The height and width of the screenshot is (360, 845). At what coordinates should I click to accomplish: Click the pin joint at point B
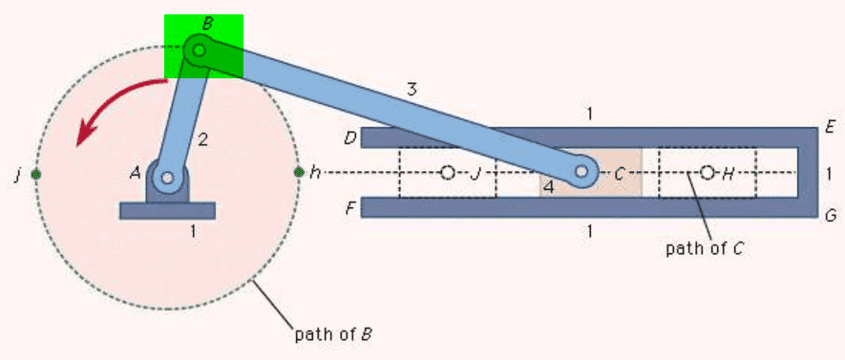coord(199,51)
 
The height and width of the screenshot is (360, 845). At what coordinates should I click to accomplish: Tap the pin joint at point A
coord(168,177)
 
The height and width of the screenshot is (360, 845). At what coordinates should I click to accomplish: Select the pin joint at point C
coord(581,171)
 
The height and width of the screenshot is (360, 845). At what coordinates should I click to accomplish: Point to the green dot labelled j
coord(35,174)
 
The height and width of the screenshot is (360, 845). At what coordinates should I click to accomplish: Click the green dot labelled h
coord(299,173)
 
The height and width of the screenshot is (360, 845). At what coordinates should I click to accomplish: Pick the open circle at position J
coord(447,173)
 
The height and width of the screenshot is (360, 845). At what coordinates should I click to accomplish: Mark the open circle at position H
coord(708,173)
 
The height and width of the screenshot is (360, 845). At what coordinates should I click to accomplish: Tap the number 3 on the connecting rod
coord(412,90)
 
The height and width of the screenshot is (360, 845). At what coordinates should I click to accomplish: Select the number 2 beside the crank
coord(202,140)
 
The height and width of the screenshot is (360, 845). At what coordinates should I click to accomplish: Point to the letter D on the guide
coord(350,138)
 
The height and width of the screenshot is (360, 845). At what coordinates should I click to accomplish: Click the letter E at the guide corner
coord(830,127)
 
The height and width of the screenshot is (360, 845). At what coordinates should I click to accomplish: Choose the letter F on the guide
coord(350,208)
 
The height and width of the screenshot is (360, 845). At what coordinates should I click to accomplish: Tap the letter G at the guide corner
coord(831,216)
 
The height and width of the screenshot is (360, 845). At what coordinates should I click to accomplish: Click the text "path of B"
coord(333,334)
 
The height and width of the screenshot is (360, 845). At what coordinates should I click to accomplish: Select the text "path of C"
coord(706,249)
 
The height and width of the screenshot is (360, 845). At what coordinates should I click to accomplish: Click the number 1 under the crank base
coord(193,232)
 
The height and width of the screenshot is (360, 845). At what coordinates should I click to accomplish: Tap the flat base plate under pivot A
coord(168,210)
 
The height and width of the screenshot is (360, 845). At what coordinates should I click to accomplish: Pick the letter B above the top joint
coord(207,24)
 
